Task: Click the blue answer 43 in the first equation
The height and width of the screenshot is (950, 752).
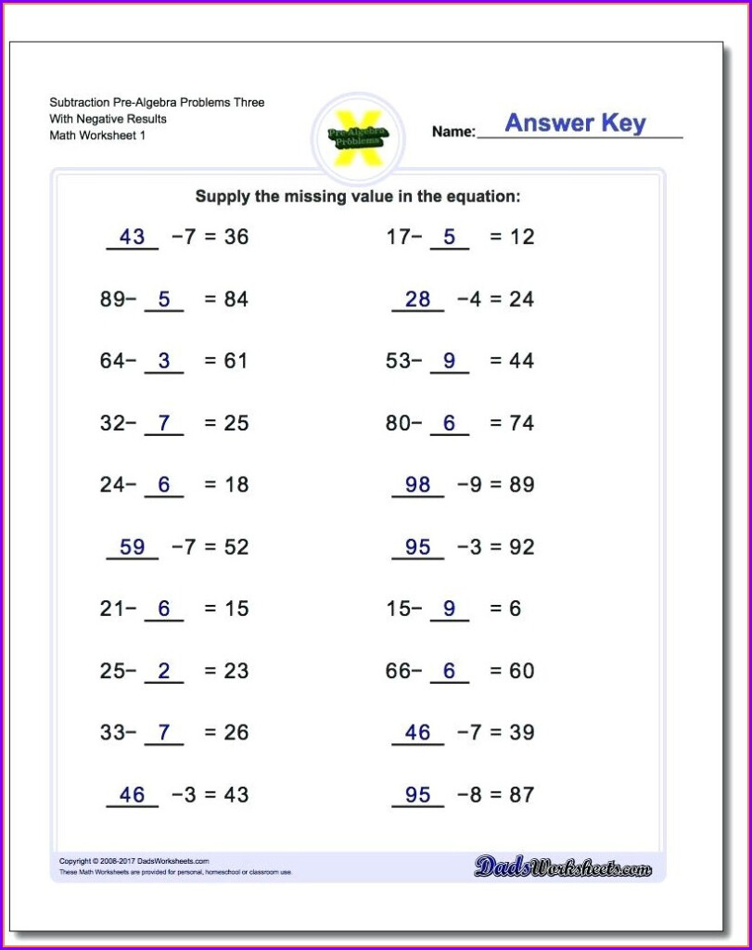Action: (x=133, y=237)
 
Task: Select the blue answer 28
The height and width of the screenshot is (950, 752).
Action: (x=418, y=299)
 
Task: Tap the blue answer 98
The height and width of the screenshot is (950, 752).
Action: (x=418, y=484)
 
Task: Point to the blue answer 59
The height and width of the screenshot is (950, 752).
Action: (x=133, y=546)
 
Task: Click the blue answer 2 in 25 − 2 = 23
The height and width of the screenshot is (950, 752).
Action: (x=164, y=671)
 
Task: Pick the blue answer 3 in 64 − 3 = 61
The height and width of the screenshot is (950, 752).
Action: (x=164, y=361)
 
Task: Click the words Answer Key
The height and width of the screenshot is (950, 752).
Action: (x=575, y=123)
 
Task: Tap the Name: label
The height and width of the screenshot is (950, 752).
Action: (x=453, y=132)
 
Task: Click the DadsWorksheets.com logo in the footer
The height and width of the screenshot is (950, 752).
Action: (x=562, y=867)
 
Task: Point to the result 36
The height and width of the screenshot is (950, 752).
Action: (x=236, y=237)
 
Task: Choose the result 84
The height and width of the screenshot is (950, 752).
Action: (x=236, y=299)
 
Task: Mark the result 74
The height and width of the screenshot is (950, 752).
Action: (x=522, y=423)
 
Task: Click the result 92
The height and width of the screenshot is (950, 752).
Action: (x=522, y=546)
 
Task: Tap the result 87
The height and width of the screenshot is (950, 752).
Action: (x=522, y=794)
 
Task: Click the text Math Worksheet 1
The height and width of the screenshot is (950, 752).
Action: (x=97, y=135)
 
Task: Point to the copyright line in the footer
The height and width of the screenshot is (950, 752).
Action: (x=134, y=861)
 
